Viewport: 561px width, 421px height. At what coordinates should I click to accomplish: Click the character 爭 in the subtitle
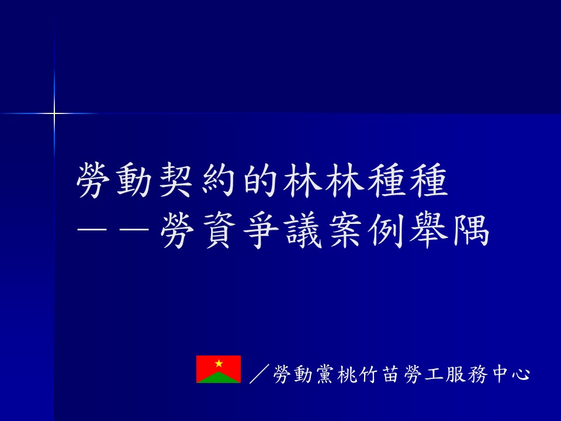[261, 232]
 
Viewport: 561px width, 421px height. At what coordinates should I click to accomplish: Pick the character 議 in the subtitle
[303, 232]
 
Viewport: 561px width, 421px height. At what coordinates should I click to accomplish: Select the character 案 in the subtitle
[345, 232]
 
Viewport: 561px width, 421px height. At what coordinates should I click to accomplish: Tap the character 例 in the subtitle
[386, 232]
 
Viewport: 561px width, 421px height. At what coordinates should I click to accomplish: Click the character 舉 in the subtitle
[428, 232]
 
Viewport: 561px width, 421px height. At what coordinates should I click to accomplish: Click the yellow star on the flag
[219, 364]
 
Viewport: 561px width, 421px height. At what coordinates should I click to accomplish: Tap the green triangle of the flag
[219, 378]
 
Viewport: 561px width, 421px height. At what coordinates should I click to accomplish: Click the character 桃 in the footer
[348, 374]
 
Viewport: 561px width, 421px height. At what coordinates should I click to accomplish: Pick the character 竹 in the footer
[369, 374]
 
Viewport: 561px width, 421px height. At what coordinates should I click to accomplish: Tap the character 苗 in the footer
[391, 374]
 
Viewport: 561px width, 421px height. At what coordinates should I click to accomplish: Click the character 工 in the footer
[434, 374]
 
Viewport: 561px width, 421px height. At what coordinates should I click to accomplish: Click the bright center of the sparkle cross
[54, 114]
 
